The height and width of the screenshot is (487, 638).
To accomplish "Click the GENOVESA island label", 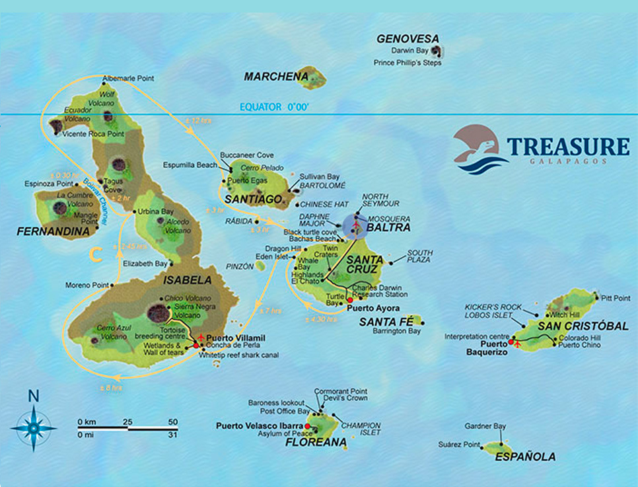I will pos(408,39).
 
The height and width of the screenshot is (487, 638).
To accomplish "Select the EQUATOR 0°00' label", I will pos(274,106).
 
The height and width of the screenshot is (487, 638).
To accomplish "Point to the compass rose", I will pos(33,428).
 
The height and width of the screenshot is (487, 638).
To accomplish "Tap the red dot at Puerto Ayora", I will pos(350,300).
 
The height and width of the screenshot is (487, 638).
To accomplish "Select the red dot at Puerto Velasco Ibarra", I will pos(308,426).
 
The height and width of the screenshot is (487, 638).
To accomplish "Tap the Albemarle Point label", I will pos(128,78).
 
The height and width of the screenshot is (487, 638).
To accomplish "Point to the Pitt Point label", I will pos(616,298).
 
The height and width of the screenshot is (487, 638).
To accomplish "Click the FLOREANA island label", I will pos(316,442).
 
